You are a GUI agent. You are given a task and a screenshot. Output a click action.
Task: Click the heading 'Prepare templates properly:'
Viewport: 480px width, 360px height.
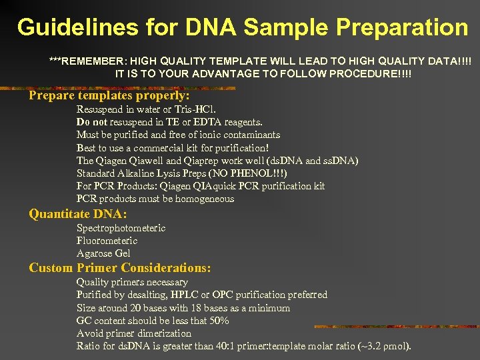[x=109, y=95]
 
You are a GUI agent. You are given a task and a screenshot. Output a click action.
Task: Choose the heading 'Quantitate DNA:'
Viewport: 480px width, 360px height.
[x=77, y=214]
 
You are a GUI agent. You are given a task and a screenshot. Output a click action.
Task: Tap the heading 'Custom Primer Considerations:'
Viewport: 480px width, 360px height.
[x=120, y=268]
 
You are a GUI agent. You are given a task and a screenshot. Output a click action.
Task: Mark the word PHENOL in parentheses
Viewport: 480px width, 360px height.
[x=253, y=173]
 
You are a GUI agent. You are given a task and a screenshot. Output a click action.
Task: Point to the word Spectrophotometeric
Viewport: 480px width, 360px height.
[x=121, y=228]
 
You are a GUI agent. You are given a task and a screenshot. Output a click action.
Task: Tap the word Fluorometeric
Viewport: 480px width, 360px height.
[x=107, y=241]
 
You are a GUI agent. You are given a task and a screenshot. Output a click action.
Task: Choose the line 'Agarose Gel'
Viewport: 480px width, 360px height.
[x=103, y=253]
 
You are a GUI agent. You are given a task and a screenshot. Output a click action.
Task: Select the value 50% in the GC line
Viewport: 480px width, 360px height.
[x=218, y=321]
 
